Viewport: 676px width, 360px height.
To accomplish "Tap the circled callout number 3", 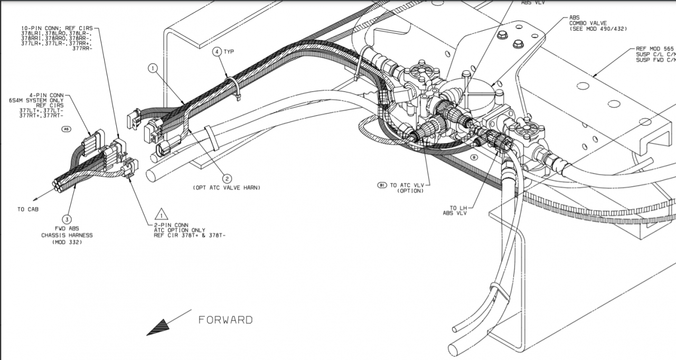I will [x=67, y=219].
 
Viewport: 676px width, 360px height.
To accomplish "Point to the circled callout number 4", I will [x=217, y=52].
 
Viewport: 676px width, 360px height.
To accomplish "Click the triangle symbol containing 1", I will [x=161, y=214].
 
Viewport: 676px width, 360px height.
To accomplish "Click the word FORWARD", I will [x=226, y=320].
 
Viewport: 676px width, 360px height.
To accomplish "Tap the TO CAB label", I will [x=29, y=210].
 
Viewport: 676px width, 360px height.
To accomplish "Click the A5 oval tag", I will [x=66, y=129].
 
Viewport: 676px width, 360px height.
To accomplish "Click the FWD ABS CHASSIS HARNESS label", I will [x=67, y=235].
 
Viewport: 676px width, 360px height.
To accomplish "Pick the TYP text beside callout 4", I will [x=229, y=52].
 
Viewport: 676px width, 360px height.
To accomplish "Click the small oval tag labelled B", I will [x=474, y=157].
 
